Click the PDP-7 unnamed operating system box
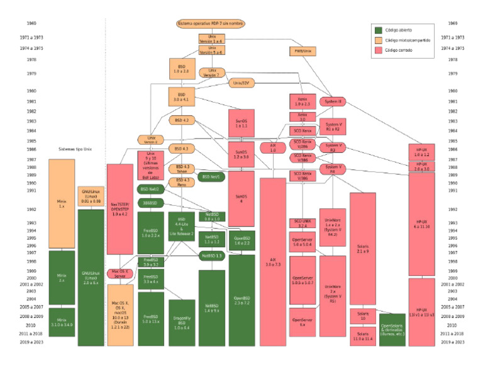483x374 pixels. point(211,23)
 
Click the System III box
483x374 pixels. point(333,101)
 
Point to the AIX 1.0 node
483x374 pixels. point(273,148)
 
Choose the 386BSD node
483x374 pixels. point(151,203)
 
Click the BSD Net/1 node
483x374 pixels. point(211,177)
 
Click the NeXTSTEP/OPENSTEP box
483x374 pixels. point(119,208)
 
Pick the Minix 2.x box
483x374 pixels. point(62,277)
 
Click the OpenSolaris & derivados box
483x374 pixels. point(392,330)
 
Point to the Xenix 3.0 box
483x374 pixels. point(302,116)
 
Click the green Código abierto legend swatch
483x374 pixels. point(378,30)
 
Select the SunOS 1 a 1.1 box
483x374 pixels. point(241,123)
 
